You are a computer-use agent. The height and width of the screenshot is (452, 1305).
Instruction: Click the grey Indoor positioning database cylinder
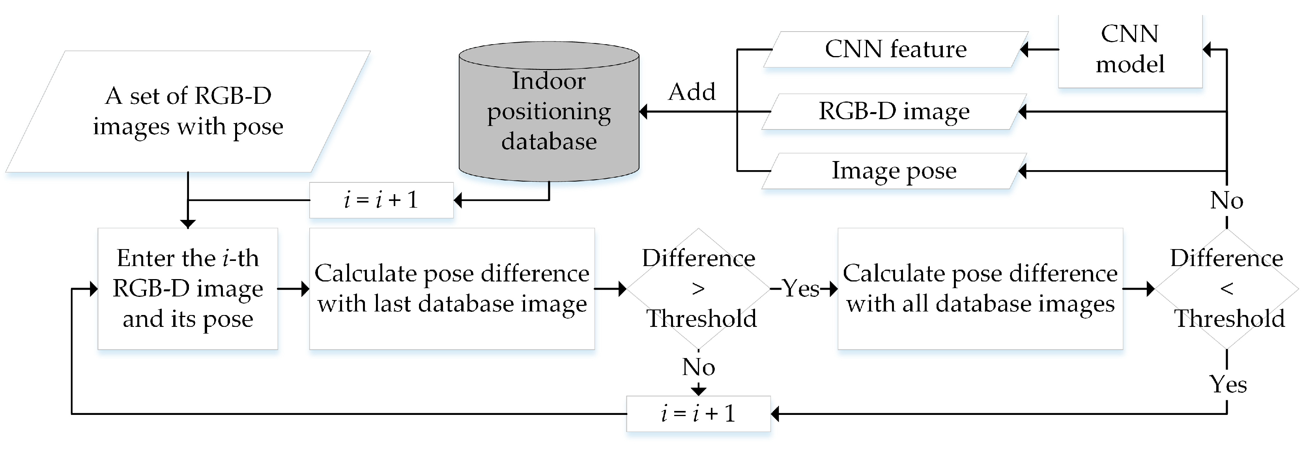pos(549,111)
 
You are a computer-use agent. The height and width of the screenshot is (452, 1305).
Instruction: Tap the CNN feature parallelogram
pos(895,49)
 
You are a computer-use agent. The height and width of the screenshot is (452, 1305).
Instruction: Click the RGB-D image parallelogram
pos(894,111)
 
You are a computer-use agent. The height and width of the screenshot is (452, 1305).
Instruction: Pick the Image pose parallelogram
pos(894,171)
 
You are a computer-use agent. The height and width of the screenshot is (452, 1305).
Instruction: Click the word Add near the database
pos(692,92)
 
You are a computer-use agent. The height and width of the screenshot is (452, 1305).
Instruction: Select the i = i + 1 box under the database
pos(381,200)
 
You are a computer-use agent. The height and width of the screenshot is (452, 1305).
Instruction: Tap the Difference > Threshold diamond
pos(699,289)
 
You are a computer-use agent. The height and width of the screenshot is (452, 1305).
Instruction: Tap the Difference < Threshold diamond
pos(1226,289)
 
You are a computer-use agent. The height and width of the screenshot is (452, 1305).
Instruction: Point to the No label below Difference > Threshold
pos(699,367)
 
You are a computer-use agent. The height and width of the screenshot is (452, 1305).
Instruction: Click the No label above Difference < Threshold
pos(1226,201)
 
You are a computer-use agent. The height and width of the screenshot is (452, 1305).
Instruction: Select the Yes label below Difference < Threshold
pos(1228,384)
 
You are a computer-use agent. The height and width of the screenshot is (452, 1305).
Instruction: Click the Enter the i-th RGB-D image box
pos(187,289)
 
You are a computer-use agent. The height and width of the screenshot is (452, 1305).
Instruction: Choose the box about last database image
pos(452,289)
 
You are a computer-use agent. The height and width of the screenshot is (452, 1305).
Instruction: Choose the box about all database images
pos(980,289)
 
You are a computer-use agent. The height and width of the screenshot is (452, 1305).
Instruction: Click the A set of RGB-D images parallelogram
pos(188,111)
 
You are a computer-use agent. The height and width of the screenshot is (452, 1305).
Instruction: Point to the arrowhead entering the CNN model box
pos(1208,49)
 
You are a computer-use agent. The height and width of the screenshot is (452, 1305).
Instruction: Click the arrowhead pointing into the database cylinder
pos(644,111)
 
